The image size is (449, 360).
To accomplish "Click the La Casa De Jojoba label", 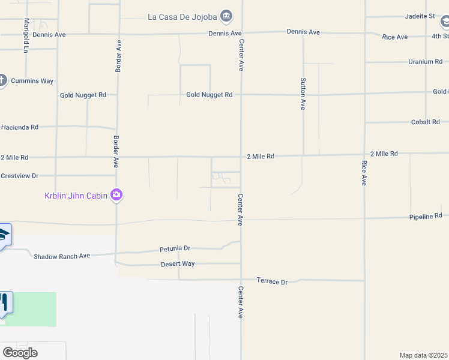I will (x=182, y=17).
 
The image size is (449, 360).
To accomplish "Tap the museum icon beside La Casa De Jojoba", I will (x=226, y=16).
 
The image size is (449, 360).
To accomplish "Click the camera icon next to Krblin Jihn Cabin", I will (x=116, y=194).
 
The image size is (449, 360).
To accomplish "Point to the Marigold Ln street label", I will (x=26, y=35).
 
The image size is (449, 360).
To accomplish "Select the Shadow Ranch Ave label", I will (x=61, y=256).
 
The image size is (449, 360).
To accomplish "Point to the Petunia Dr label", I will (x=175, y=248).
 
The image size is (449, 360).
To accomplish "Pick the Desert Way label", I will (x=178, y=264).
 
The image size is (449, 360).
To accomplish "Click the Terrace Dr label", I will (x=272, y=281).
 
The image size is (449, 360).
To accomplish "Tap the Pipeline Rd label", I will (x=426, y=216).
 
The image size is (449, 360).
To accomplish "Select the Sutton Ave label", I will (x=303, y=94).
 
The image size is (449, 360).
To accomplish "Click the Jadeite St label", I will (x=420, y=16).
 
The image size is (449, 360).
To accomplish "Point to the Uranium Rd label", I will (x=425, y=62).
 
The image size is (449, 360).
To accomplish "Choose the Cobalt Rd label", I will (x=426, y=122).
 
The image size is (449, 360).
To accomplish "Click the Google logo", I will (x=20, y=353).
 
